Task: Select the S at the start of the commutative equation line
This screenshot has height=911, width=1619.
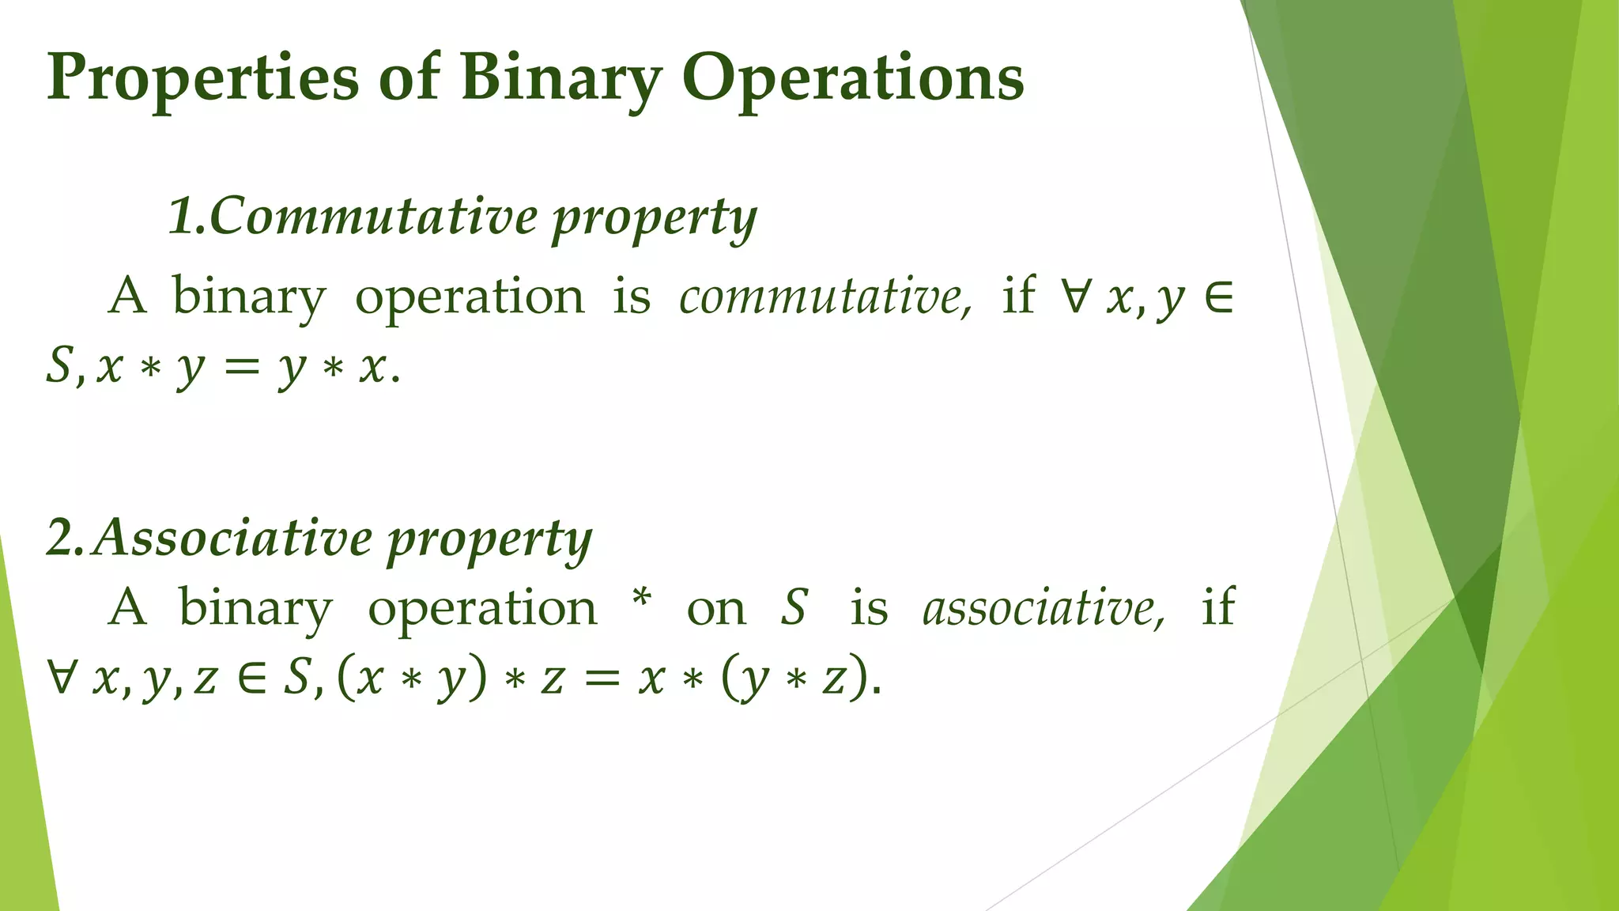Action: [x=59, y=366]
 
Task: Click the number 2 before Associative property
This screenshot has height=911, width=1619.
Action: [x=60, y=539]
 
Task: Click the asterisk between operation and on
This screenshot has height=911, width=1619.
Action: [x=642, y=599]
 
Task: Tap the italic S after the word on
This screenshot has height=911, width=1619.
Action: [x=794, y=608]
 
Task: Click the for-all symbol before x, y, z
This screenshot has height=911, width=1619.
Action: [x=61, y=678]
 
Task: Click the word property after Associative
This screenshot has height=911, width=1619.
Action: [x=489, y=542]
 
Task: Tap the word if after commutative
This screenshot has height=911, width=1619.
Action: [x=1018, y=296]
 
